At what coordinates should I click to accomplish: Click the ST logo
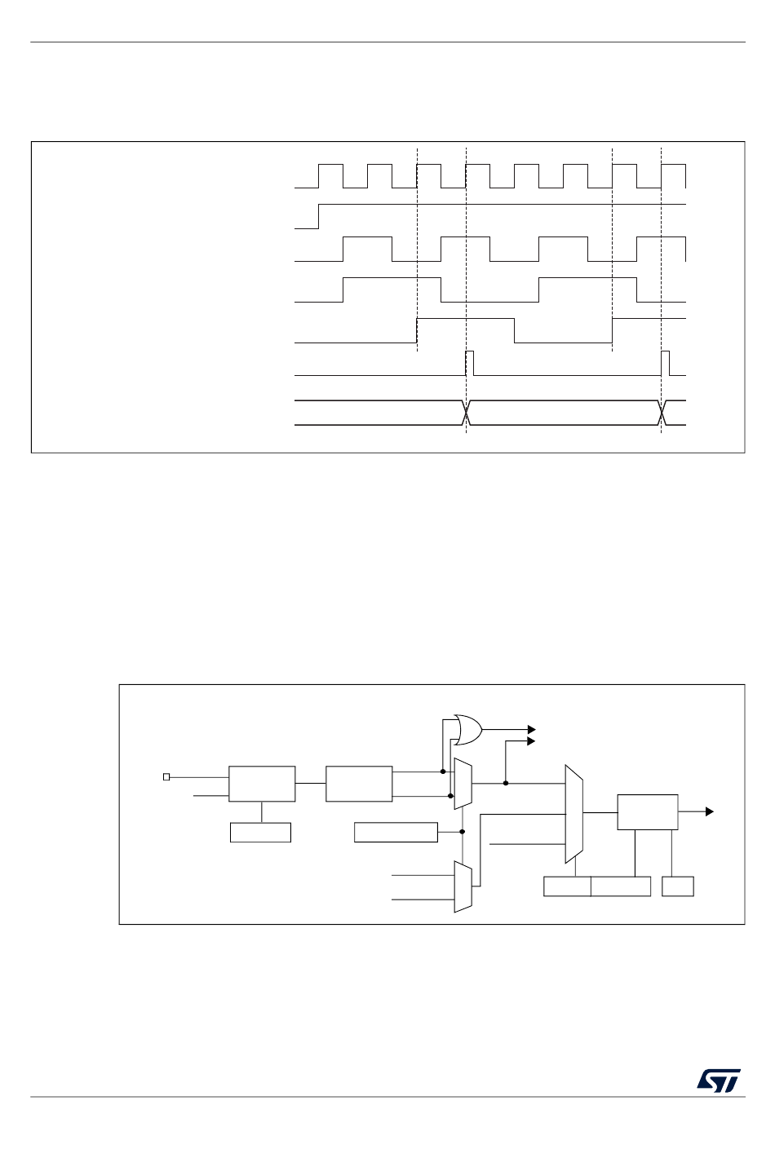718,1080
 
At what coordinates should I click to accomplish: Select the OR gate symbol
468,730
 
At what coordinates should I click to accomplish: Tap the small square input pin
166,776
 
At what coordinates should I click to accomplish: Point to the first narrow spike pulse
469,363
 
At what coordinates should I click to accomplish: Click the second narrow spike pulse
665,363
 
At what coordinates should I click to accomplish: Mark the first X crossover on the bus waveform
466,413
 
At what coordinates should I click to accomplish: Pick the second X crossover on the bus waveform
662,413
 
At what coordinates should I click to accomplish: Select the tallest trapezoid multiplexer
573,814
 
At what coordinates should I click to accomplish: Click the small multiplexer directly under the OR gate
463,784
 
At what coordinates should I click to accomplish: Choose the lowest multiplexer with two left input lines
463,886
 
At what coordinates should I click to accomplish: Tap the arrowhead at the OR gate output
531,730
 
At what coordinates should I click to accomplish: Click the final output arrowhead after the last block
709,811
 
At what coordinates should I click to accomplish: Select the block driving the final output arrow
647,812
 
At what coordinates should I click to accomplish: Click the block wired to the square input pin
262,784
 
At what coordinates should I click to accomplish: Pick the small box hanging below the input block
260,833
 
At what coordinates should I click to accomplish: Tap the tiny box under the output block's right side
677,886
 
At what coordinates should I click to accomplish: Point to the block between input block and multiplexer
359,784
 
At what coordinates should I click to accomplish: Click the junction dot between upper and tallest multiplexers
506,783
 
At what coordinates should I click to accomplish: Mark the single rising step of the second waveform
319,216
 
